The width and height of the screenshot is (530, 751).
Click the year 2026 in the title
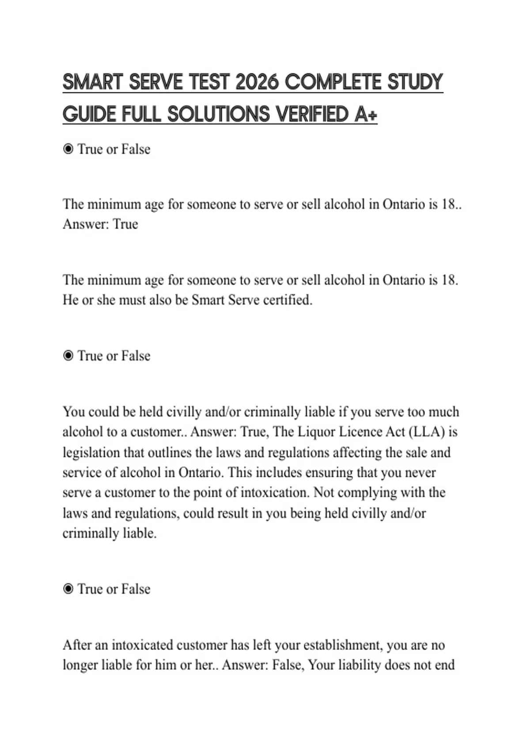click(x=257, y=82)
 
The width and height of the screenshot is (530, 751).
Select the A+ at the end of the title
click(x=366, y=114)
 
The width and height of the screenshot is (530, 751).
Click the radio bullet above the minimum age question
click(x=68, y=149)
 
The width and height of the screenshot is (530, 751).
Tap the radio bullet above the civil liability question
click(x=68, y=356)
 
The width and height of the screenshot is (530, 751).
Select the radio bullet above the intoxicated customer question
click(x=68, y=589)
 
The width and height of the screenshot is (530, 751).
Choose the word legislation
click(x=91, y=452)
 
